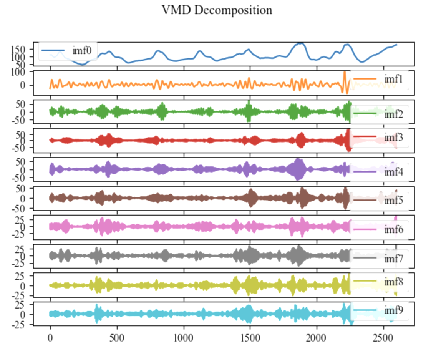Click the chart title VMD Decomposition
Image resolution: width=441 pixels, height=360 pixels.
217,10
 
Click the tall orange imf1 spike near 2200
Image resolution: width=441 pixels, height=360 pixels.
345,76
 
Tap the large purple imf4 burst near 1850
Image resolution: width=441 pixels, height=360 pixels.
298,169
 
